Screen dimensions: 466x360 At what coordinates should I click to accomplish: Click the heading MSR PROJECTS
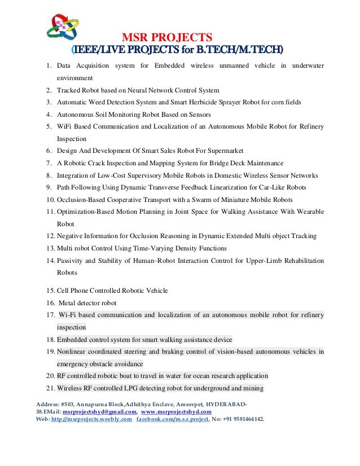tap(168, 38)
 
